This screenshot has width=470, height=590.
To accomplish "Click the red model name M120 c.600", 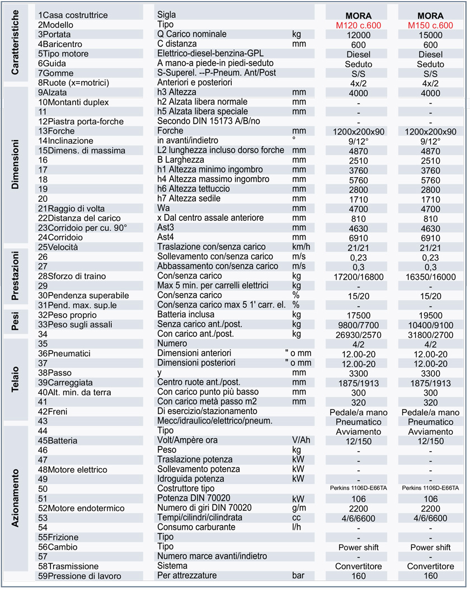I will click(x=358, y=25).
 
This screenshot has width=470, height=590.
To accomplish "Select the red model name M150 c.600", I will click(x=430, y=25).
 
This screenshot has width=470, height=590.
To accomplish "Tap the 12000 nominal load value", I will click(x=358, y=35).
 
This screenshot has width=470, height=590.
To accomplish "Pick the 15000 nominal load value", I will click(x=430, y=35).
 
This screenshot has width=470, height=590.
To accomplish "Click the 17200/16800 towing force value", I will click(x=358, y=276).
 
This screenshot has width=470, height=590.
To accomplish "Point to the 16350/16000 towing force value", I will click(x=430, y=276).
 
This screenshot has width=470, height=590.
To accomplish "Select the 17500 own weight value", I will click(x=358, y=315).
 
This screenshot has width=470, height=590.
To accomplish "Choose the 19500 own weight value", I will click(x=430, y=315).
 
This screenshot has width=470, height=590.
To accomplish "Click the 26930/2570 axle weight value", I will click(x=358, y=335).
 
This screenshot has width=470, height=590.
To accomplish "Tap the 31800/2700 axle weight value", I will click(x=430, y=335).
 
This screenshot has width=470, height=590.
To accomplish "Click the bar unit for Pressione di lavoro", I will click(x=299, y=575).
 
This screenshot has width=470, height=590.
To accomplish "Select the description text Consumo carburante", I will click(x=196, y=527).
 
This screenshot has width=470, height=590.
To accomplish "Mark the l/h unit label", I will click(x=298, y=527).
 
